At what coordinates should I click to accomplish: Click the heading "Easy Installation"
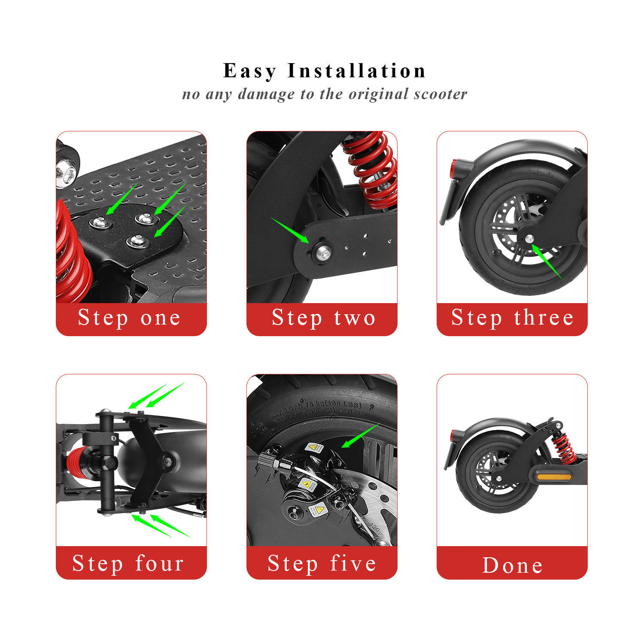point(324,71)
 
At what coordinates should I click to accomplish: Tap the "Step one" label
point(129,318)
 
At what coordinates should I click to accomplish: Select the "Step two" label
point(323,318)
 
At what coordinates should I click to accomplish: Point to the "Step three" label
point(512,318)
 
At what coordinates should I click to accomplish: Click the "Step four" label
point(128,563)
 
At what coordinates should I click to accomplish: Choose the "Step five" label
point(322,563)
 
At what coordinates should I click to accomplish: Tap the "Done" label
point(513,565)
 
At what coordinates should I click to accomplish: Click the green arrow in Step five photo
point(360,435)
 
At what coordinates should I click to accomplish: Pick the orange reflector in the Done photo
point(554,477)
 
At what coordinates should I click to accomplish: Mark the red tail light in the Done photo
point(453,435)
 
